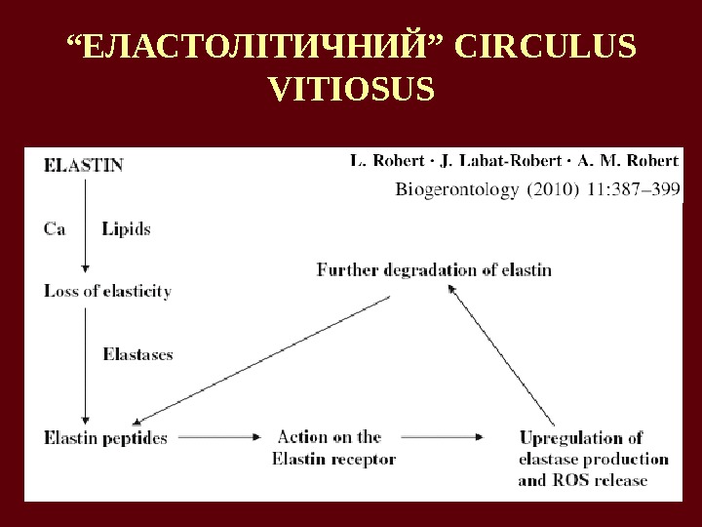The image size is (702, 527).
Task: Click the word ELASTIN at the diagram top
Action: [84, 165]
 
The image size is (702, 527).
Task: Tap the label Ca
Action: [56, 229]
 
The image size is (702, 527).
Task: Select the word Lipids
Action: [126, 229]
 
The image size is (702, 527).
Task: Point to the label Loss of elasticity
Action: [107, 291]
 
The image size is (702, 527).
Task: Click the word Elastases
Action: [137, 354]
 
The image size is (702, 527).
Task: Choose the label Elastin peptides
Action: [105, 437]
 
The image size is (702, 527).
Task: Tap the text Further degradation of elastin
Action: [434, 269]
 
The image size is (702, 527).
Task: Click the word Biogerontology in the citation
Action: [453, 191]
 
